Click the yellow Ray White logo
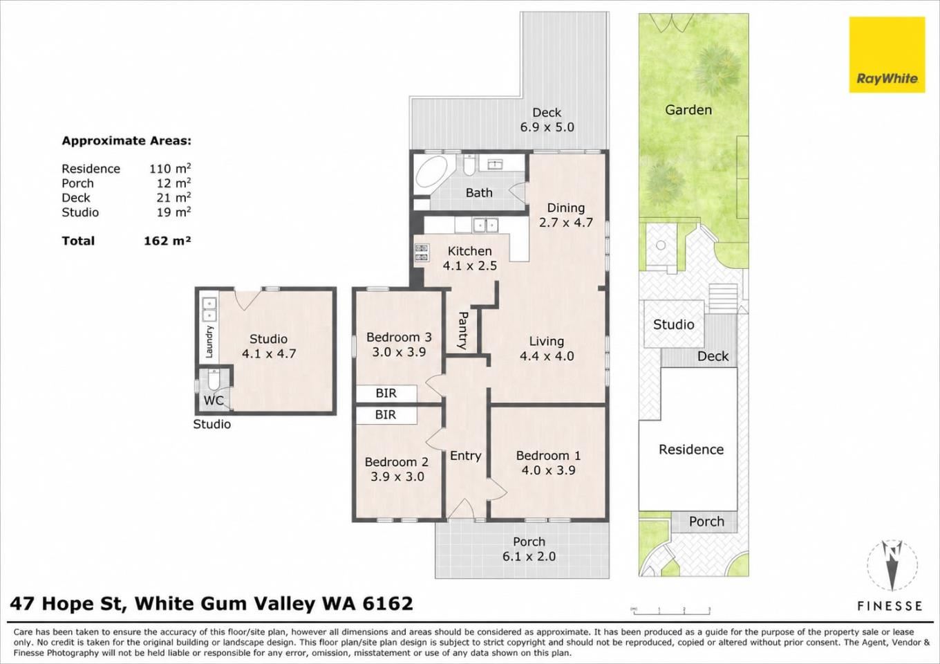tap(887, 55)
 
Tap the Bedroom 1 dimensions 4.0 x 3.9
tap(548, 470)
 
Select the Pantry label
tap(462, 331)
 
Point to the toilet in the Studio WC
tap(213, 381)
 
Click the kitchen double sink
tap(485, 225)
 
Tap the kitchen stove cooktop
tap(422, 253)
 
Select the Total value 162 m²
tap(167, 241)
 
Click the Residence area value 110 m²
tap(170, 168)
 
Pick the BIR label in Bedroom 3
tap(386, 394)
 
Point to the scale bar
tap(671, 611)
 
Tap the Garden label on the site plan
tap(688, 110)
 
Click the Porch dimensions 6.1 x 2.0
tap(529, 557)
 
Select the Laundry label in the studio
tap(209, 342)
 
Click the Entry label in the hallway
tap(465, 456)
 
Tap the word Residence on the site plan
tap(691, 450)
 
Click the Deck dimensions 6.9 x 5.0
tap(547, 127)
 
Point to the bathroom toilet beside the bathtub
tap(469, 165)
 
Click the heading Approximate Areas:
tap(126, 140)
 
